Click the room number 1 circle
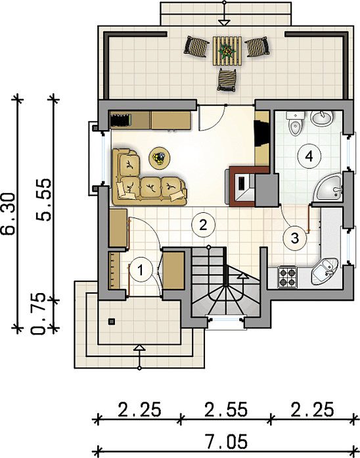[141, 269]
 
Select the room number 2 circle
[203, 225]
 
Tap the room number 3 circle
[295, 238]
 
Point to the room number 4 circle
[309, 156]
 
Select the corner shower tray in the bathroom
[328, 187]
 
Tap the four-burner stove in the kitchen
[287, 277]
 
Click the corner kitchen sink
[324, 272]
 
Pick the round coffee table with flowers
[160, 158]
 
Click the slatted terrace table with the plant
[227, 51]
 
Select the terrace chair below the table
[227, 80]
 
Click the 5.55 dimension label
[43, 200]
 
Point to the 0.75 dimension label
[39, 313]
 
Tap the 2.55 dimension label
[226, 409]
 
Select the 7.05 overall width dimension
[226, 441]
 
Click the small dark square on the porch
[112, 322]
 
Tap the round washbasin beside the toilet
[322, 118]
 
